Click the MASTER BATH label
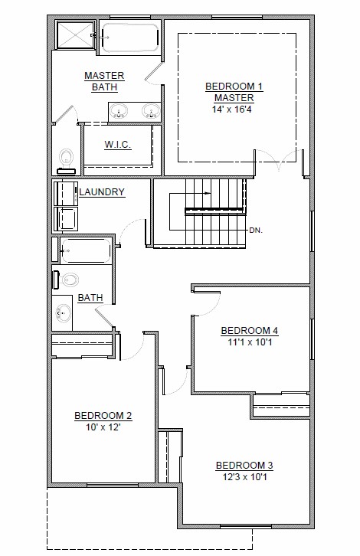pos(104,81)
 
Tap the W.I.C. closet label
pos(118,145)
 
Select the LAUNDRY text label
pos(102,191)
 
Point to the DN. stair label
pos(256,230)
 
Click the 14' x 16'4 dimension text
pos(232,110)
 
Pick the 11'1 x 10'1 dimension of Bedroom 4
pos(250,342)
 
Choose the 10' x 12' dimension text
pos(103,427)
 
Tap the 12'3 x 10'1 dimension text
pos(245,477)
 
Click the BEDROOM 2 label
pos(103,416)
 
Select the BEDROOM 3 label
pos(245,465)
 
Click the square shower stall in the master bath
pos(76,34)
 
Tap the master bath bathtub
pos(130,38)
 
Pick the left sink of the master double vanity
pos(119,110)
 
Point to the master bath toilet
pos(67,162)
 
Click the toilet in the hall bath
pos(66,280)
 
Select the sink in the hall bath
pos(63,314)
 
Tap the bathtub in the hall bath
pos(85,250)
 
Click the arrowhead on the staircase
pos(208,193)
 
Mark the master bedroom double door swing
pos(279,159)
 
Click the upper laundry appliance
pos(66,194)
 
